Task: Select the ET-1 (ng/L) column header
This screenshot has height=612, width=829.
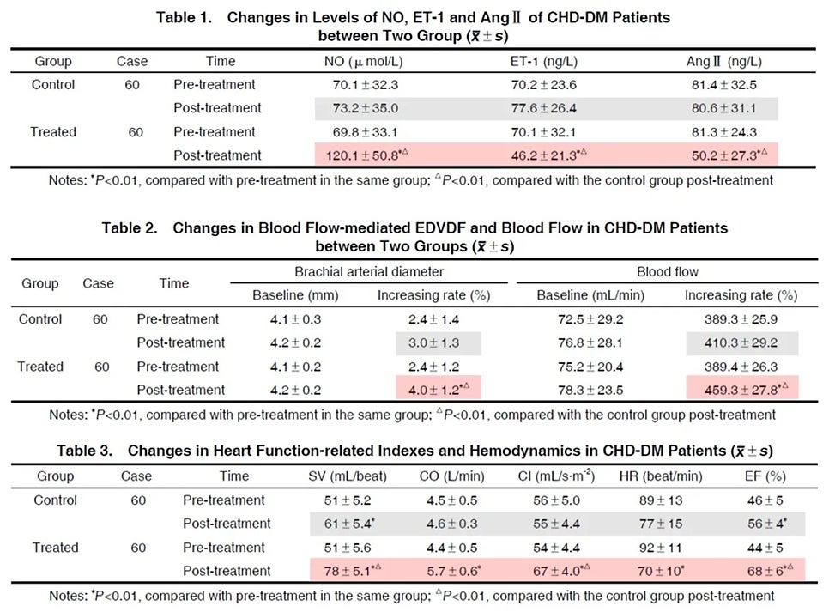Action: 543,61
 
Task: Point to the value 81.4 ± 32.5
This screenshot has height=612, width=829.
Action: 723,85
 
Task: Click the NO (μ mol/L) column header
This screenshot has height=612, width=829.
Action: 363,61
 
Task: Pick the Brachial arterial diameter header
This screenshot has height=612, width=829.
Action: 369,272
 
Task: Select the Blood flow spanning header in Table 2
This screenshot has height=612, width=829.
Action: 667,272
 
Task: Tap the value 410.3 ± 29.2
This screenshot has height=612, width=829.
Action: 741,342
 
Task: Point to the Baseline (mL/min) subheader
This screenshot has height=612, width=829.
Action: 590,295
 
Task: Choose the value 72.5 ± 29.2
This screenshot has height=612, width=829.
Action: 590,319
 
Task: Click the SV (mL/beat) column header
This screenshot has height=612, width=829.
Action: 348,476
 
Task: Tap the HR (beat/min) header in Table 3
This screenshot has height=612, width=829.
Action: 660,476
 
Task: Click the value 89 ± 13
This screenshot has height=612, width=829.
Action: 660,500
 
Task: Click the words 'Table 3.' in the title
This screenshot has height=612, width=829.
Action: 85,451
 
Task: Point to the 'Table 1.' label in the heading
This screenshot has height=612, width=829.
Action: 184,17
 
